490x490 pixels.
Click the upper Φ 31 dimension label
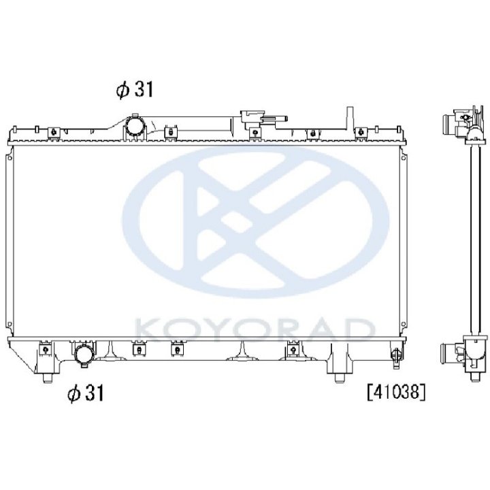pyautogui.click(x=135, y=89)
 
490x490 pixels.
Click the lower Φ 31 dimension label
pyautogui.click(x=85, y=393)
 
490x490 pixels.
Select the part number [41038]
pyautogui.click(x=396, y=392)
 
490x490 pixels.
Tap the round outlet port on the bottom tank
pyautogui.click(x=84, y=355)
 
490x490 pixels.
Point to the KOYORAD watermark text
pyautogui.click(x=255, y=329)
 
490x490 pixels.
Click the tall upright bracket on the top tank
pyautogui.click(x=350, y=118)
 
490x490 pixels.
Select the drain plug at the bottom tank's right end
pyautogui.click(x=396, y=355)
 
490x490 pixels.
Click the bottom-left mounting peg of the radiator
pyautogui.click(x=47, y=378)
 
